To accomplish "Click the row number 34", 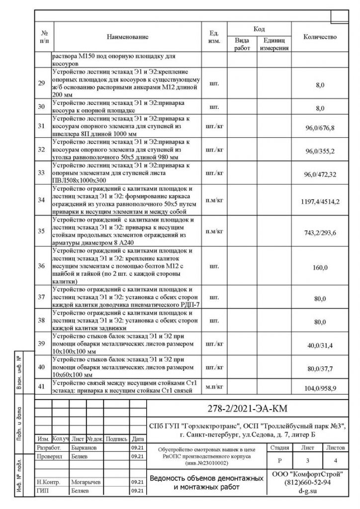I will tap(42, 200).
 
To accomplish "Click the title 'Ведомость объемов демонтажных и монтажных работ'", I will tap(207, 482).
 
